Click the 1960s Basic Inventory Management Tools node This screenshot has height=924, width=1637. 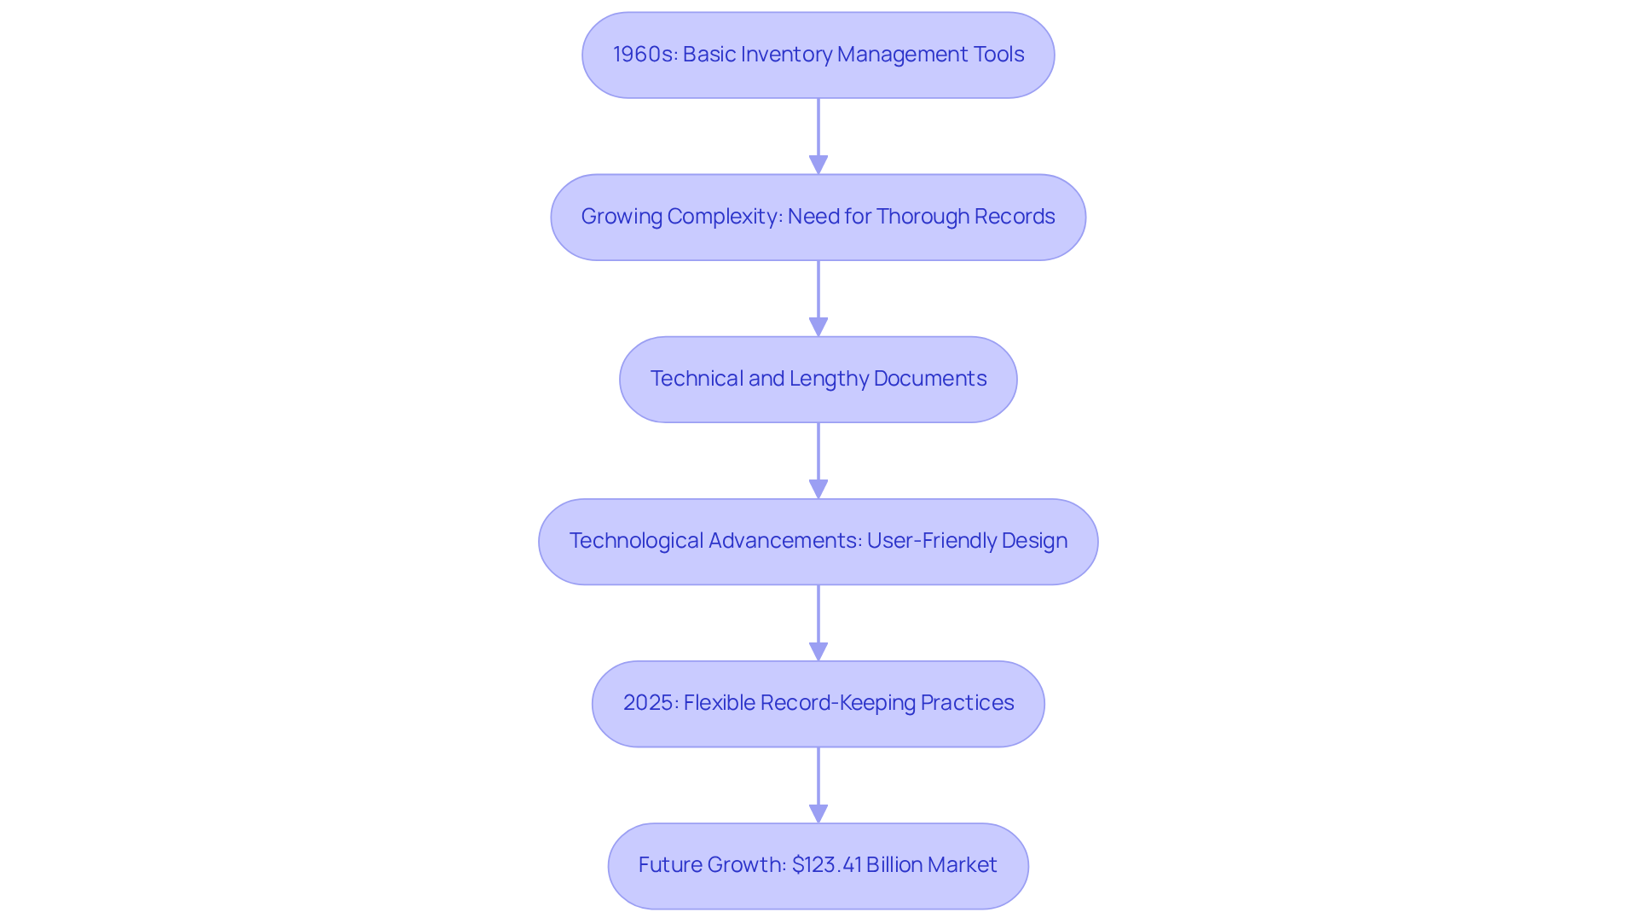point(818,55)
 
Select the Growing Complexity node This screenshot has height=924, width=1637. point(818,217)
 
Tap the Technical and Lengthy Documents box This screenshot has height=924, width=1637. point(818,379)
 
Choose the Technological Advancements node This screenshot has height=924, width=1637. point(818,541)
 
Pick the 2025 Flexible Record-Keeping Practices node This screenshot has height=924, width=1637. point(818,703)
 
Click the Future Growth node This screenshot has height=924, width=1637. point(818,865)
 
